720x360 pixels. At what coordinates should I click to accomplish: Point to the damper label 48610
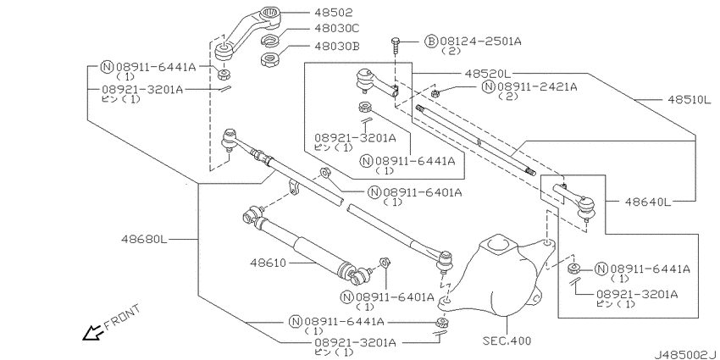coord(269,263)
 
